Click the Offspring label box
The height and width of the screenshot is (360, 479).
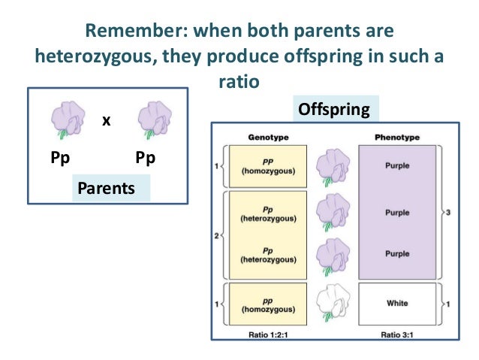coord(334,110)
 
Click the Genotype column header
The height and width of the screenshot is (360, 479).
coord(268,138)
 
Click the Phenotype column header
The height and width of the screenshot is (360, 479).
coord(396,138)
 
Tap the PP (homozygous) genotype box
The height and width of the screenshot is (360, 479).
coord(268,165)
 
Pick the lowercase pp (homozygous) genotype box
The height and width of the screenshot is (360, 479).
coord(268,304)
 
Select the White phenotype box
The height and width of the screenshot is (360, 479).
coord(397,304)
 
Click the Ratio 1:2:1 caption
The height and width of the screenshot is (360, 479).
coord(268,331)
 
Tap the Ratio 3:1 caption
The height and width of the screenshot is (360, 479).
coord(396,331)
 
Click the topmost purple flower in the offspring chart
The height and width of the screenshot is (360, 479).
coord(332,165)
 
